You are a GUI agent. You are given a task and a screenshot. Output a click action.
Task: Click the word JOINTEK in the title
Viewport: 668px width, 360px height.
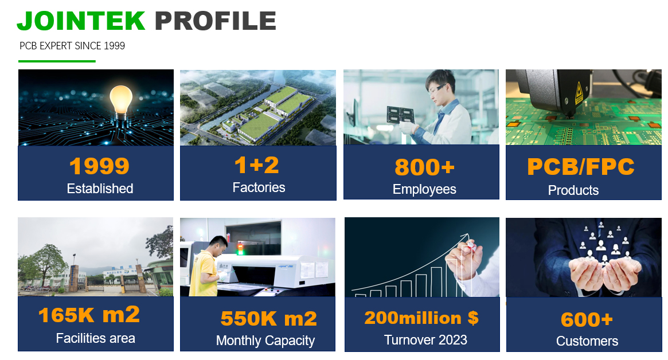[81, 21]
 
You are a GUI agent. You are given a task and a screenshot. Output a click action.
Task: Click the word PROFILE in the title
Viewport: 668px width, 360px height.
[216, 21]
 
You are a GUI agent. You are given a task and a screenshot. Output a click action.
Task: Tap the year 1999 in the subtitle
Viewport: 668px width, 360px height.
[114, 46]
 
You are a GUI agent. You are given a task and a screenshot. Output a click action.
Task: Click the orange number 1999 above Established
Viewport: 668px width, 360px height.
[99, 166]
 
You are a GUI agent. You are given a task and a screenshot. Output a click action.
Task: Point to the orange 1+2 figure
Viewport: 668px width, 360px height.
[257, 165]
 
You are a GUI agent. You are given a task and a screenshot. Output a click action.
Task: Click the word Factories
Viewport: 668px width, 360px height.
[259, 187]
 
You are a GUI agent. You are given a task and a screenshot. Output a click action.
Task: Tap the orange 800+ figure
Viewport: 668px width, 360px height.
[425, 167]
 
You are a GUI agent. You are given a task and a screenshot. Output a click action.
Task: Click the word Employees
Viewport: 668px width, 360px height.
[424, 189]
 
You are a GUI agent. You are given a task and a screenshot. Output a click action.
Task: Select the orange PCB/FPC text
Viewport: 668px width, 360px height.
[581, 167]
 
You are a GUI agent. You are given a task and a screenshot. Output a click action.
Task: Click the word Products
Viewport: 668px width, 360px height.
[573, 190]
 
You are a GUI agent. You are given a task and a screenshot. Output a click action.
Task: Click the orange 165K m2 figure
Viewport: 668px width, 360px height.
[89, 315]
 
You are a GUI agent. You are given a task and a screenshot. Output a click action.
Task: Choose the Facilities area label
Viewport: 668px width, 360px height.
[95, 338]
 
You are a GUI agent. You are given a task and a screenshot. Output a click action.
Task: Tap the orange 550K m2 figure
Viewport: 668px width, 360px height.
[269, 319]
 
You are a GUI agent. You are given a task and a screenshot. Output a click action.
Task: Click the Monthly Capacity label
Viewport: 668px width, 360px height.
[265, 341]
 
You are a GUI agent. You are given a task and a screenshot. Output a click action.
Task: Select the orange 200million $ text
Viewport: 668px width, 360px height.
[421, 318]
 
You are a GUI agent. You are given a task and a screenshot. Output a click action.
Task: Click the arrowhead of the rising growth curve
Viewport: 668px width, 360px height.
[466, 236]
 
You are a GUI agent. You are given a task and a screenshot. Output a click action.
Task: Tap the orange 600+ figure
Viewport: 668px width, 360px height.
[587, 319]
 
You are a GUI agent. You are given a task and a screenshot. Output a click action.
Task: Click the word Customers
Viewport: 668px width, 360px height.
[587, 341]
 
